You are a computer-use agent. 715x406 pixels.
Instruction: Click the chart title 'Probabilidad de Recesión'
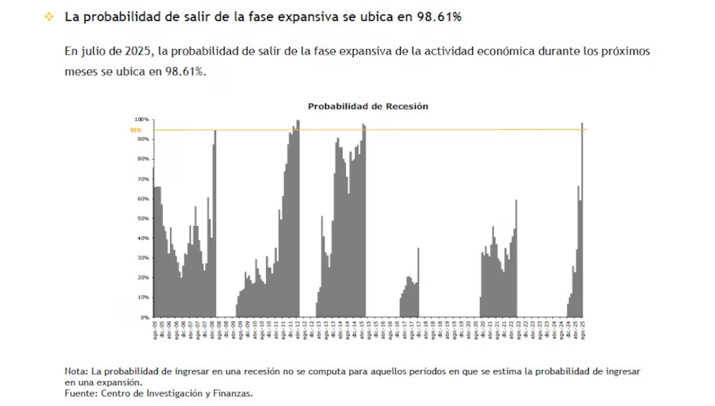pyautogui.click(x=368, y=106)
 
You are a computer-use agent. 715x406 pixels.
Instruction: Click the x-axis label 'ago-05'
pyautogui.click(x=155, y=329)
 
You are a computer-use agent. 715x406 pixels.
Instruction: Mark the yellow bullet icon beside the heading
pyautogui.click(x=48, y=17)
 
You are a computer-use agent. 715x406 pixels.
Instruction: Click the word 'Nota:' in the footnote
pyautogui.click(x=77, y=371)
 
